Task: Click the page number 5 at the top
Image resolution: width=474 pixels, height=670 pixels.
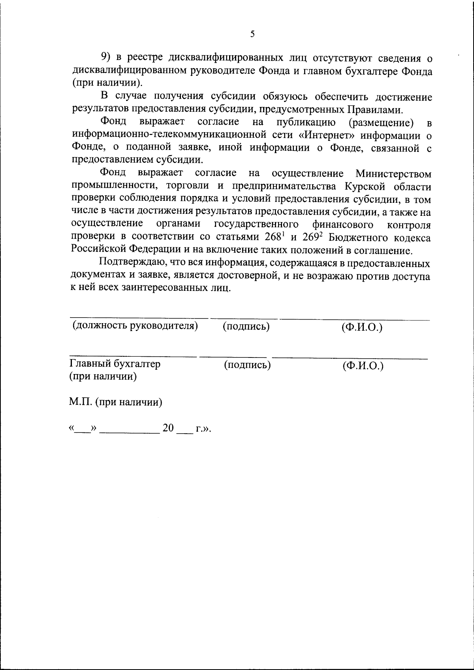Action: (x=252, y=34)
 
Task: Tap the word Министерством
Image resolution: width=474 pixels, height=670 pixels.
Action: (x=393, y=174)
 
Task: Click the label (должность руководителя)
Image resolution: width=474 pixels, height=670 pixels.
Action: (x=135, y=326)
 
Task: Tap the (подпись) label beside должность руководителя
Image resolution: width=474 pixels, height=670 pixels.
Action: (x=246, y=327)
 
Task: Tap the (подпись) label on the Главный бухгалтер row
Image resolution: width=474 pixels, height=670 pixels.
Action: (x=247, y=365)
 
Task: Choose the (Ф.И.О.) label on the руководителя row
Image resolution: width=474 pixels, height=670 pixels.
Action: (x=362, y=328)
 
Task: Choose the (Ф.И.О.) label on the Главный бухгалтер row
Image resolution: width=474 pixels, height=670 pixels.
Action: (x=363, y=366)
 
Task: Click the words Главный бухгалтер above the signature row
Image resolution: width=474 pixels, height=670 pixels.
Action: (x=115, y=364)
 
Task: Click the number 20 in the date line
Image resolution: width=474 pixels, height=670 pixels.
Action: (x=168, y=429)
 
